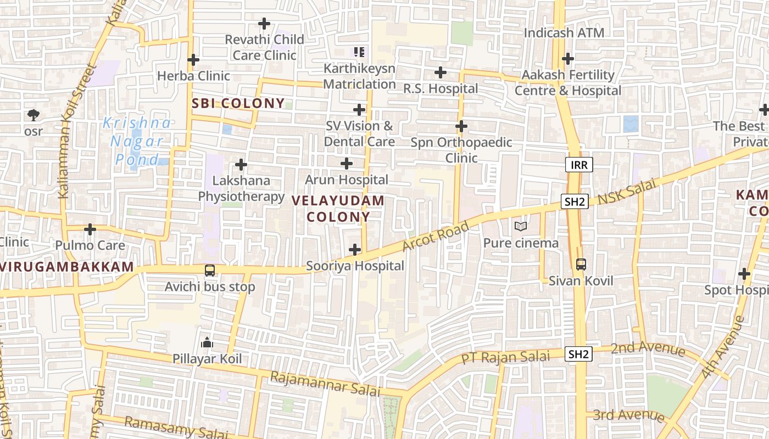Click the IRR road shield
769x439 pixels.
[579, 165]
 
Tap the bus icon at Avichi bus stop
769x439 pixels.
[210, 270]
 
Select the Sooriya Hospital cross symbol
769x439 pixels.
[355, 250]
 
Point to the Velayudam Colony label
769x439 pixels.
[338, 209]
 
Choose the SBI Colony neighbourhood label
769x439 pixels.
[238, 103]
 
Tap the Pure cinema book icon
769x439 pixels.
[520, 226]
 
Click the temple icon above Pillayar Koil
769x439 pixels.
[207, 343]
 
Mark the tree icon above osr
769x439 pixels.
[34, 115]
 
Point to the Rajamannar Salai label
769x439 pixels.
[325, 384]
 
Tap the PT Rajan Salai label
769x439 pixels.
[505, 357]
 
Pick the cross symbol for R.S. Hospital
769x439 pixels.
[441, 72]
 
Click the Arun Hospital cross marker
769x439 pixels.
[347, 164]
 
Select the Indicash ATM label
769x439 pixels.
[564, 33]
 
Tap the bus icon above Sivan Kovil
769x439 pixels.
[581, 264]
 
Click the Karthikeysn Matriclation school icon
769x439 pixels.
[359, 52]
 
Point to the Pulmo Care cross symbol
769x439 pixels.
[90, 229]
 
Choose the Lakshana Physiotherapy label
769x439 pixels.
[241, 188]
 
